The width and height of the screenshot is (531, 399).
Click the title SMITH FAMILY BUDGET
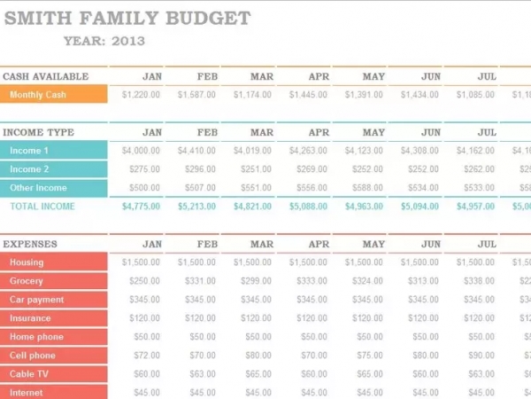(127, 18)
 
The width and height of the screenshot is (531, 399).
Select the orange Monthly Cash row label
(54, 95)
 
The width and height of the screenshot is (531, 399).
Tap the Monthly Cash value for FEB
(196, 95)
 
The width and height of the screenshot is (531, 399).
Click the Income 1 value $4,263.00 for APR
(309, 151)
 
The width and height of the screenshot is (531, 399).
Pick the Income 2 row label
(54, 169)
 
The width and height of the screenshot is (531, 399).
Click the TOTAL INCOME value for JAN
(141, 207)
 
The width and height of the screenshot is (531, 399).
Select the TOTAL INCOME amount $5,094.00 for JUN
(419, 207)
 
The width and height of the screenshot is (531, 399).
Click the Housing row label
(54, 262)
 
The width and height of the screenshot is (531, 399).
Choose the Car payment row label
(54, 300)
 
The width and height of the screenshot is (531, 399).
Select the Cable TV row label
(54, 374)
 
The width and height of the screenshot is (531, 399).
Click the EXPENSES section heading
(30, 244)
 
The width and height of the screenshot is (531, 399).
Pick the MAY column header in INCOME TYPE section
(373, 133)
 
